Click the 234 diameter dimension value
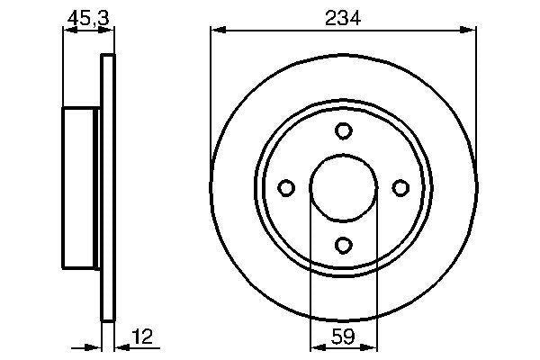pos(343,16)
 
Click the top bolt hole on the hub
pos(343,131)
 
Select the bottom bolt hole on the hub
pos(343,243)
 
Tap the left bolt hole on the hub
pos(287,187)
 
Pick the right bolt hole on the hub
pos(400,187)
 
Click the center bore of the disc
pos(343,187)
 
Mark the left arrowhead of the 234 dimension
pos(216,31)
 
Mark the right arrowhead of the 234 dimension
pos(470,31)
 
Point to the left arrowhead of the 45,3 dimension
pos(67,31)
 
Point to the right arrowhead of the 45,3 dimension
pos(111,31)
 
